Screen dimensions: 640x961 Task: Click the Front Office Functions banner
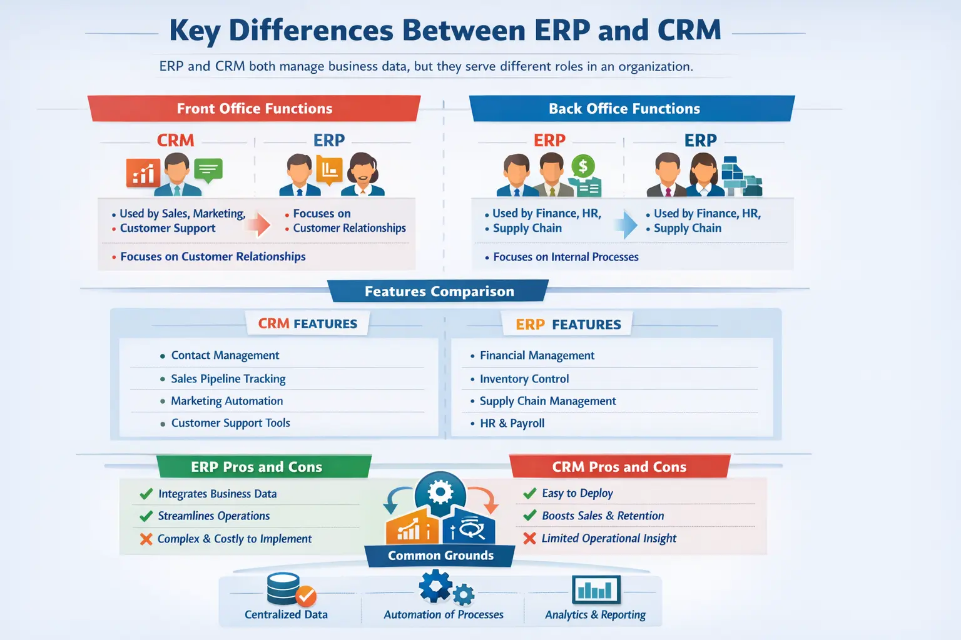tap(254, 109)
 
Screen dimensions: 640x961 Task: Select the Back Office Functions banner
tap(624, 109)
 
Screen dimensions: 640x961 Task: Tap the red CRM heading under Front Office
tap(175, 140)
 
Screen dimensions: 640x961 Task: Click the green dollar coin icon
tap(583, 166)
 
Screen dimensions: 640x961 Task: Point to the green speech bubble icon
tap(208, 169)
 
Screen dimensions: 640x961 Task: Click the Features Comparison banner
tap(439, 291)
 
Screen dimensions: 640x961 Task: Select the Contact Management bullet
tap(225, 355)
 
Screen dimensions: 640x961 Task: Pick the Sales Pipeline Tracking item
tap(228, 379)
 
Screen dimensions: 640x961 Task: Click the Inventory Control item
tap(524, 379)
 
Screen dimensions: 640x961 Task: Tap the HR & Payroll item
tap(512, 423)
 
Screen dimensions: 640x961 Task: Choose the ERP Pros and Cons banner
tap(257, 467)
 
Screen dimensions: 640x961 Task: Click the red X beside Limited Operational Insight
tap(530, 538)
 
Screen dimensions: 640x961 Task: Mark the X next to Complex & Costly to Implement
tap(146, 539)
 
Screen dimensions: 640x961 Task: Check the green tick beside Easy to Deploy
tap(530, 493)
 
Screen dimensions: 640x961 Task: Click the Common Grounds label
tap(440, 556)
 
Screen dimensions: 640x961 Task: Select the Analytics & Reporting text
tap(595, 614)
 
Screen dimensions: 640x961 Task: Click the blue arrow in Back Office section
tap(626, 224)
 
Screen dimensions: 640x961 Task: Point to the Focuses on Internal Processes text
tap(566, 257)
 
